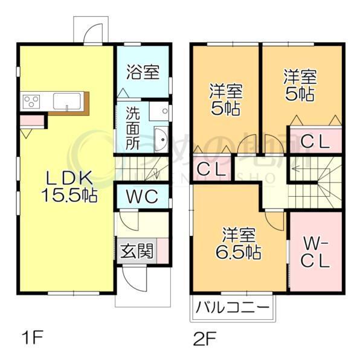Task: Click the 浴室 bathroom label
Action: [143, 72]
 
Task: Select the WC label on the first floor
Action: [142, 195]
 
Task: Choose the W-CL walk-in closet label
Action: [315, 253]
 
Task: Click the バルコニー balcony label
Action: [233, 308]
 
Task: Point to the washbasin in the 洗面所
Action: [161, 140]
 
